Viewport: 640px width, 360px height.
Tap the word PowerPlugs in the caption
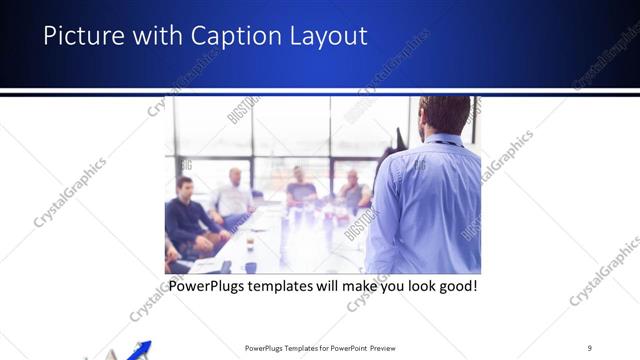coord(214,286)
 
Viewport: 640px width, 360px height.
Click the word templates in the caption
coord(301,286)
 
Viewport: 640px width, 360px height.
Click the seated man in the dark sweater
coord(185,215)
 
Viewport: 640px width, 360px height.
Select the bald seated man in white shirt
coord(234,195)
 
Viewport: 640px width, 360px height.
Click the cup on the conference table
coord(250,243)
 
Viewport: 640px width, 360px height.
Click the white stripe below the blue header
coord(320,92)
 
